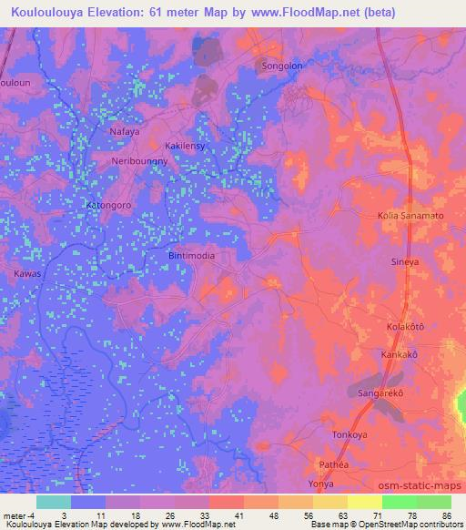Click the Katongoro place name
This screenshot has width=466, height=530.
[x=109, y=206]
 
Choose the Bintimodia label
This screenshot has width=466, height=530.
[x=192, y=256]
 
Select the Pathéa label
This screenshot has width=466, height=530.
[x=333, y=464]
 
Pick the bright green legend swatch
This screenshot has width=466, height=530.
[x=400, y=502]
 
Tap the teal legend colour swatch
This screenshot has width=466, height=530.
[x=54, y=502]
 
